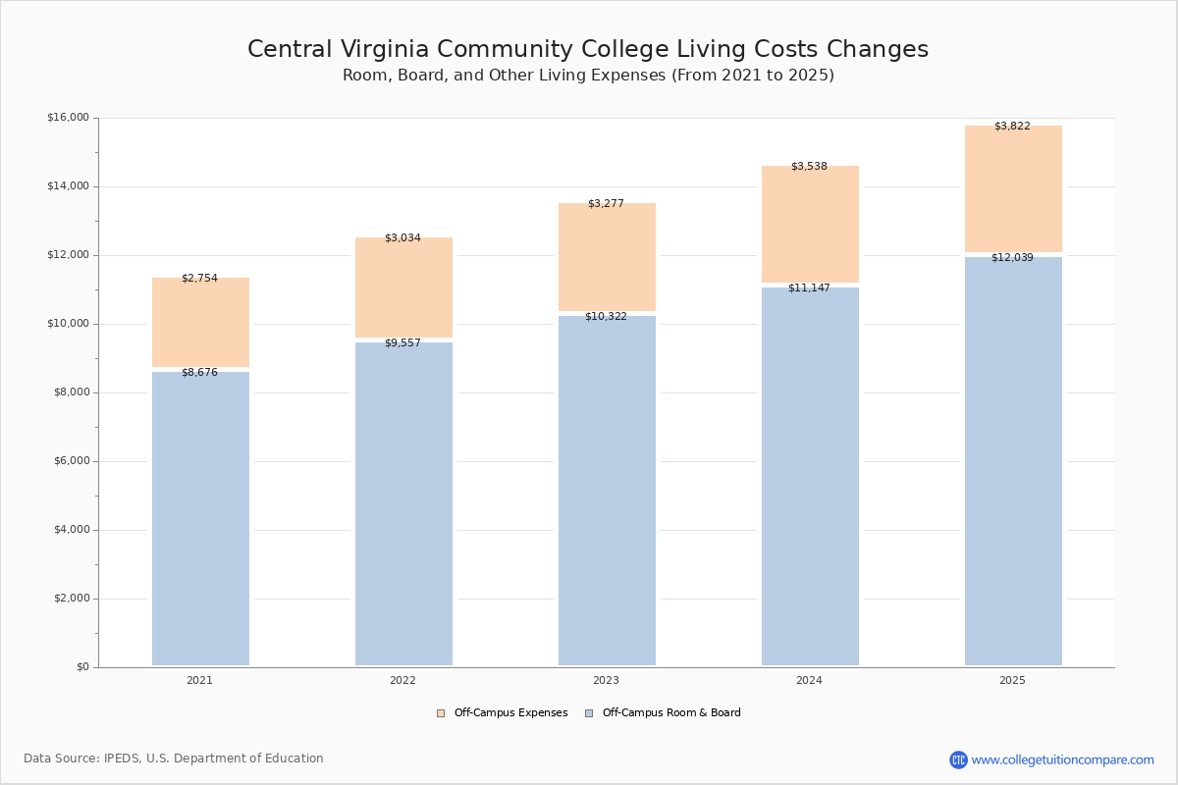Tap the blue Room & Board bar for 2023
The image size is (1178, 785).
point(607,491)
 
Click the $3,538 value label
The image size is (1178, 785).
point(809,167)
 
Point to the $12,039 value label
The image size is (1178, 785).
point(1012,258)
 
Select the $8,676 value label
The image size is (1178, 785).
point(199,373)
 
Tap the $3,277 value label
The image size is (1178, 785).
point(606,204)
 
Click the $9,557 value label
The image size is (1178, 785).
point(402,343)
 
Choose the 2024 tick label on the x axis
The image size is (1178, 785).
point(809,681)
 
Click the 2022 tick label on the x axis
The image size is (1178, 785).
point(402,681)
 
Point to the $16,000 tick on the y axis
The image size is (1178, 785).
point(68,118)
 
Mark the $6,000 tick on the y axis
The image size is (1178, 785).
point(71,461)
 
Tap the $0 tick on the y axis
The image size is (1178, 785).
point(82,667)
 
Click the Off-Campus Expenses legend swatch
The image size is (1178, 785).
point(441,713)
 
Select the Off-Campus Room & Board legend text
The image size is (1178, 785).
point(671,713)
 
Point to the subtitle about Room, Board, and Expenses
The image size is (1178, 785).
point(588,76)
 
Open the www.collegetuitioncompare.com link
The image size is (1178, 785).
point(1062,759)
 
